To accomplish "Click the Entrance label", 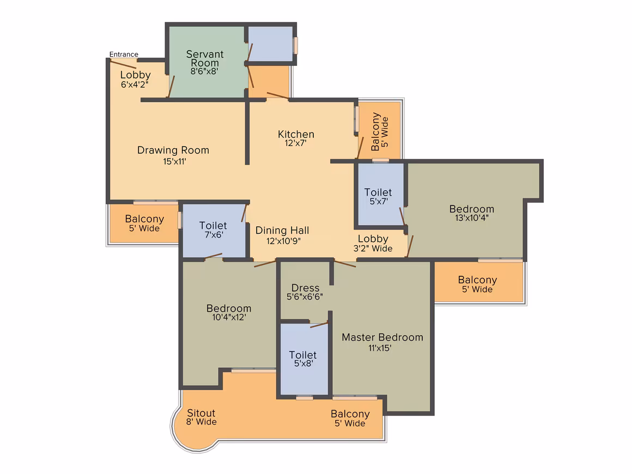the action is (x=124, y=54).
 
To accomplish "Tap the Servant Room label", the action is (x=205, y=58).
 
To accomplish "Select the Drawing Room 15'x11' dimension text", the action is (x=174, y=162).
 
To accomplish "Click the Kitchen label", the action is (x=296, y=134).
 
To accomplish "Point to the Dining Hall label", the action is (x=282, y=230).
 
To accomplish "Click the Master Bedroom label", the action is (x=382, y=337).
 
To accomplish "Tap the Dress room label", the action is (x=305, y=288).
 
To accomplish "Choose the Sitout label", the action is (x=201, y=413).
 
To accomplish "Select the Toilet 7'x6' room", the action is (x=214, y=230).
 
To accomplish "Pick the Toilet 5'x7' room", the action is (x=380, y=195).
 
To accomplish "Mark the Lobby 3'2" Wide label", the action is (x=373, y=244).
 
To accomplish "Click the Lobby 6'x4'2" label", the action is (x=135, y=80).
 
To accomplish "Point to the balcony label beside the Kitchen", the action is (x=380, y=131).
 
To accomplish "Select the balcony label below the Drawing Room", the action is (x=144, y=223).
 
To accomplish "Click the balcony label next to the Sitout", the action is (x=350, y=418).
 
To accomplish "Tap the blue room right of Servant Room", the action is (x=270, y=44).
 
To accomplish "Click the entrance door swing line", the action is (x=123, y=64).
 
